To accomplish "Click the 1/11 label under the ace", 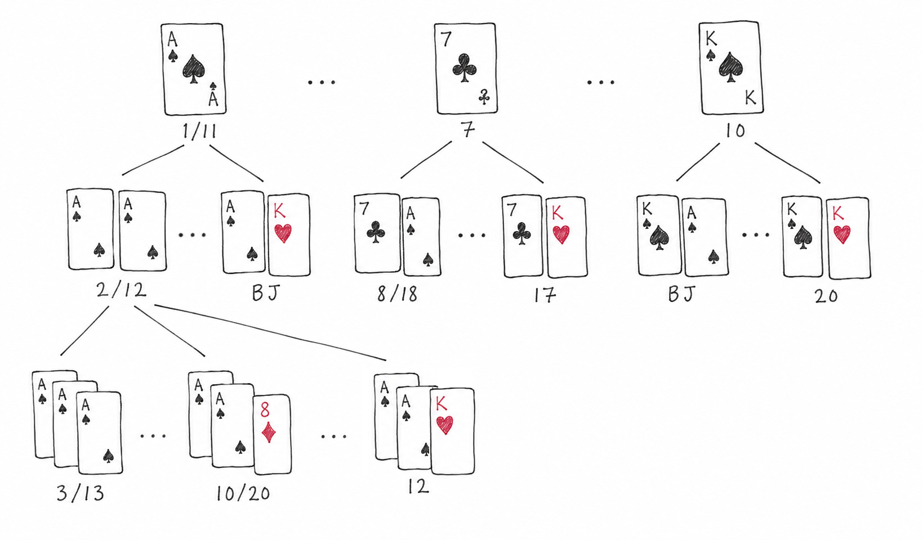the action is pos(199,132).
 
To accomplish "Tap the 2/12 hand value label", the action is pos(122,290).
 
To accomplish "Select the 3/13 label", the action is pos(81,493).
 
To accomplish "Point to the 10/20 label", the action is pos(243,493).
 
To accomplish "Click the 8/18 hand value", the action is pos(397,294).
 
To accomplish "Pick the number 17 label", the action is pos(545,295).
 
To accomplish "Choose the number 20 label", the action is pos(826,296).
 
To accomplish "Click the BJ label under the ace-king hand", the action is pos(266,293).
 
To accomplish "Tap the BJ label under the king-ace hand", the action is pos(682,294).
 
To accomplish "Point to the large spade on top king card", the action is pos(731,67).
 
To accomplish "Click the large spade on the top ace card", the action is pos(194,68).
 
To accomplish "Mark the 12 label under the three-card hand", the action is pos(418,487).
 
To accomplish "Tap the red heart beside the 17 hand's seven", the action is pos(561,234).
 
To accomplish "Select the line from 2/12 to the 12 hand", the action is pos(270,332).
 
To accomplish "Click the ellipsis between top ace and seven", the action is pos(322,82).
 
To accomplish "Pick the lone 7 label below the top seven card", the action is pos(467,130).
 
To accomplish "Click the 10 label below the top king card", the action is pos(735,130).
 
